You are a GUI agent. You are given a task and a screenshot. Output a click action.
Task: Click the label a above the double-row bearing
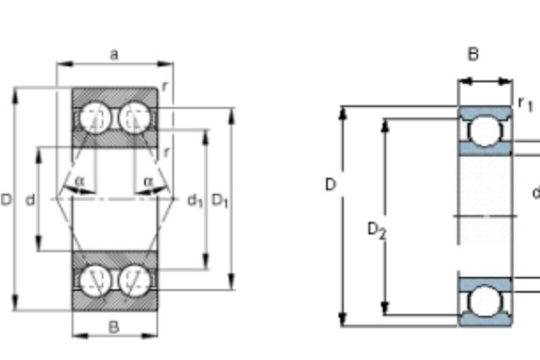pos(114,54)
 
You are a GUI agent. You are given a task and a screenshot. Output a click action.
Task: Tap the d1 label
pos(195,201)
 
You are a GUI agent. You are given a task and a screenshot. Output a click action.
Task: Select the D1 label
pos(220,200)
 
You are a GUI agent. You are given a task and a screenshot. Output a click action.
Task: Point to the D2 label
pos(376,230)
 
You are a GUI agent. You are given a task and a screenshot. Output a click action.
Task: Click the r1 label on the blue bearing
pos(526,103)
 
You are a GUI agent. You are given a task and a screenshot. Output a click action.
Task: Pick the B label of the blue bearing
pos(473,54)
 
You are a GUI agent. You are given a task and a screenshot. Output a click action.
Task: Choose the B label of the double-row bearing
pos(114,327)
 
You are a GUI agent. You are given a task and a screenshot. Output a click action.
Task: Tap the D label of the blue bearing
pos(331,185)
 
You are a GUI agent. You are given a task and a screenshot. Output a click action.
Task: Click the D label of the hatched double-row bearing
pos(6,200)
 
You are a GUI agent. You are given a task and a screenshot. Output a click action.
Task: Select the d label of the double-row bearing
pos(30,200)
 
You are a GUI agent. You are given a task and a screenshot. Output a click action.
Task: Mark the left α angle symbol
pos(80,180)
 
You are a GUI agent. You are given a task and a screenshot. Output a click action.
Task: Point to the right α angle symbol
pos(148,180)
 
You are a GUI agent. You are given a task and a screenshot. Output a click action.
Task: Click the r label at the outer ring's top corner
pos(164,87)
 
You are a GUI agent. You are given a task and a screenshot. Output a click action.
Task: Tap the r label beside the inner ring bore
pos(167,152)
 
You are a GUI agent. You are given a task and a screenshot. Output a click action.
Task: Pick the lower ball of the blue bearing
pos(484,301)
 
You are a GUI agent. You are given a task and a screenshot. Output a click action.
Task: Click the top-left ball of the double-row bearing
pos(95,118)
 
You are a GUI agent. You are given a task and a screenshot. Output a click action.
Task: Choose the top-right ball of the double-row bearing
pos(134,118)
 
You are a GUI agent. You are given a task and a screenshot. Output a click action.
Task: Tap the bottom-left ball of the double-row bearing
pos(95,280)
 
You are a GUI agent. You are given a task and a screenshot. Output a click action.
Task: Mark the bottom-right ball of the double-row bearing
pos(134,280)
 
